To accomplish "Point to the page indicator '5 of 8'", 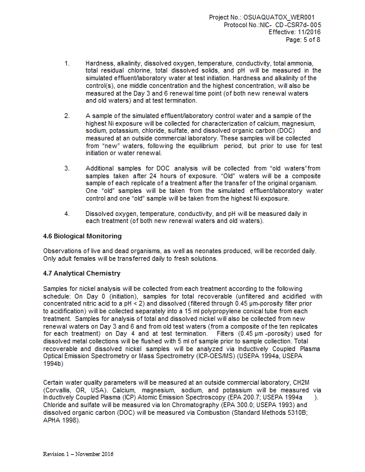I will click(311, 40).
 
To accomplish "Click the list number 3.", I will click(67, 168).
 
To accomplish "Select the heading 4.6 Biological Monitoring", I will click(82, 237).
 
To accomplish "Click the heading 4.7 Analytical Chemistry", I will click(82, 273).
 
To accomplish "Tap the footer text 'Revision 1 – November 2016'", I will click(78, 454).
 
